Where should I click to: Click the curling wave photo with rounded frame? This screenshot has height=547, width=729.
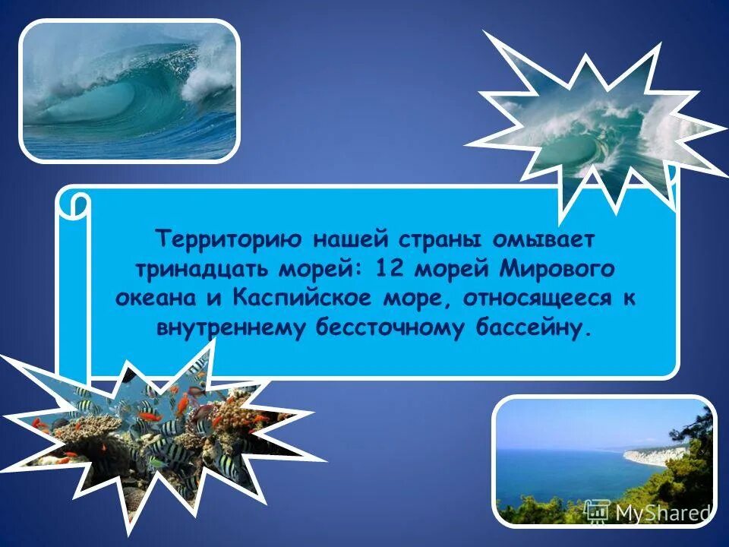(128, 90)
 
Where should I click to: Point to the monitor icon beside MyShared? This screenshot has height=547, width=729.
(598, 511)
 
